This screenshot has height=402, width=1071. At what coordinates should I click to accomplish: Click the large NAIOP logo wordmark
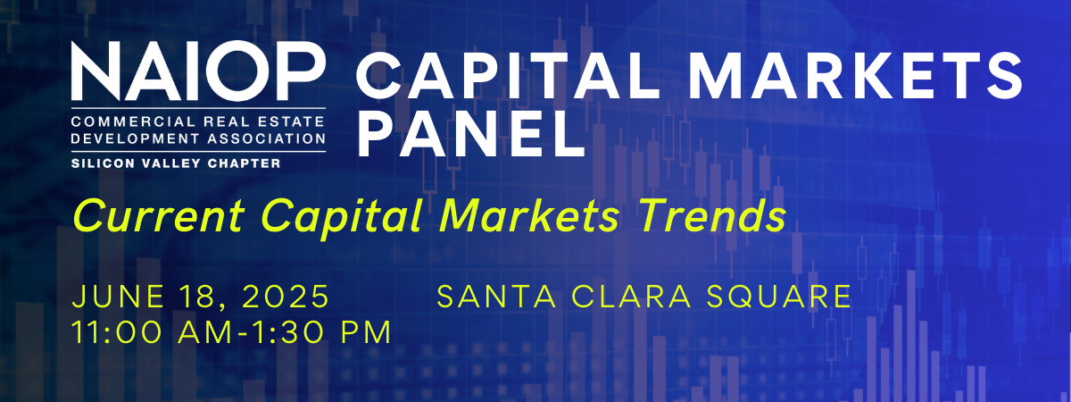point(198,71)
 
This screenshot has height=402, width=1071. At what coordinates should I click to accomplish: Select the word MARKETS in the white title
point(855,75)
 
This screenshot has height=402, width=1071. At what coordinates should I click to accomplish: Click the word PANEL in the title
point(471,133)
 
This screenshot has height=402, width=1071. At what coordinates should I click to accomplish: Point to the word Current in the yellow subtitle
point(159,216)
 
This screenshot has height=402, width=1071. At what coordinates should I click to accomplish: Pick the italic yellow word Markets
point(530,216)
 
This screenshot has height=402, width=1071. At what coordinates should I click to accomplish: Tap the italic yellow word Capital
point(343,219)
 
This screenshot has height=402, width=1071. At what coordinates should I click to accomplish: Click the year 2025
point(286,297)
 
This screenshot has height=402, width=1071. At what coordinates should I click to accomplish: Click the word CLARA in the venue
point(632,297)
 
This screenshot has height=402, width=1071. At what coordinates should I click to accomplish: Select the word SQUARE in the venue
point(779,297)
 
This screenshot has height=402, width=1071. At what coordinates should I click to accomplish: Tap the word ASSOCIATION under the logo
point(267,138)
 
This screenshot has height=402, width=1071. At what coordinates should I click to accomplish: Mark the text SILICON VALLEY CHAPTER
point(176,163)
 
